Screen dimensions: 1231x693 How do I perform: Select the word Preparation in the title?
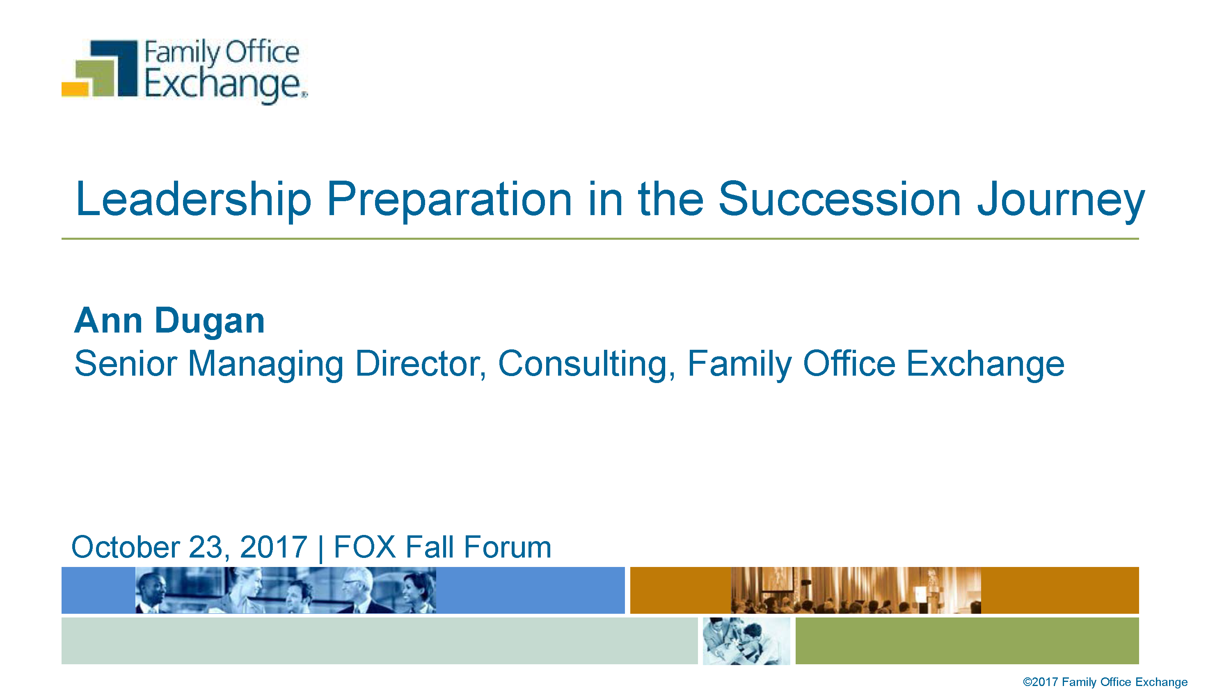coord(449,200)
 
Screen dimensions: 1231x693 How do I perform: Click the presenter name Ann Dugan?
coord(169,321)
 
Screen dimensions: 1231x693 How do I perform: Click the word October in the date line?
coord(126,547)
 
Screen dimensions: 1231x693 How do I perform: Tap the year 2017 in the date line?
coord(273,547)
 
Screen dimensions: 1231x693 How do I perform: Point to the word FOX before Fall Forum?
coord(365,547)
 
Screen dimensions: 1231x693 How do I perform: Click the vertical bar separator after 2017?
coord(320,548)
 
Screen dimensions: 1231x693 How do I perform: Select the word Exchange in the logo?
coord(224,85)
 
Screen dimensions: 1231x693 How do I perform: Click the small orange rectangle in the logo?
coord(75,89)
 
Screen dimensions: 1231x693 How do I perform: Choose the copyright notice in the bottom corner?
coord(1105,682)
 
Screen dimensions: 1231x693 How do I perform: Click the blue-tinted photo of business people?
coord(286,590)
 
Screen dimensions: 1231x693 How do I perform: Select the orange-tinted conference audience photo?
coord(856,590)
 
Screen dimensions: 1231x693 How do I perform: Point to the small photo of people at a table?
coord(746,641)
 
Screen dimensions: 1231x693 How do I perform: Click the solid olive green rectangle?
coord(967,641)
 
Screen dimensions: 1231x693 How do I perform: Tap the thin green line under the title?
coord(600,239)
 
